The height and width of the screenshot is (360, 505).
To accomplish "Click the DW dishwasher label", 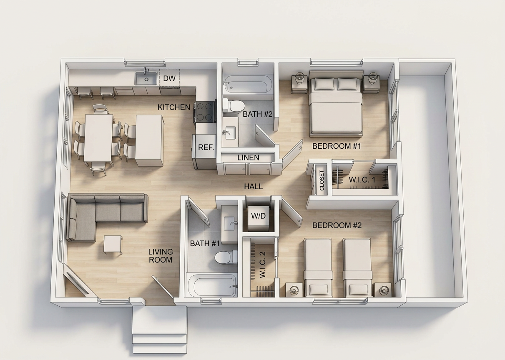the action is point(169,78).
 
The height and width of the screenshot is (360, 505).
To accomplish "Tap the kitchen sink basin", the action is point(146,79).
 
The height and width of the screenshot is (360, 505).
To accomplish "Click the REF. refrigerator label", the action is point(206,147).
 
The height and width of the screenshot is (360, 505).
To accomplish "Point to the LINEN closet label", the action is point(248,157).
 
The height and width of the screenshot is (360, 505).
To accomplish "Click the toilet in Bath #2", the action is point(234,105).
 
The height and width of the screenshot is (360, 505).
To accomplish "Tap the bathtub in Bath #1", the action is point(212,285).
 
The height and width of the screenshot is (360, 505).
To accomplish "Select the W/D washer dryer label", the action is point(259,216).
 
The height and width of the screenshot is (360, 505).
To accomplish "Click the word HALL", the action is point(254,186).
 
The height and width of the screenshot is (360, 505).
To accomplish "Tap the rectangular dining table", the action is point(98,138).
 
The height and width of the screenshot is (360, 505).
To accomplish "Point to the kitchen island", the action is point(149,140).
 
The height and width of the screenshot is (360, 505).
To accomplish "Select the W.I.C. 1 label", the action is point(362,180).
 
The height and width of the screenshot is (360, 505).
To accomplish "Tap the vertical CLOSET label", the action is point(322,180).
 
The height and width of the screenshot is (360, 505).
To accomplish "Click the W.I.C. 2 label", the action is point(263,265).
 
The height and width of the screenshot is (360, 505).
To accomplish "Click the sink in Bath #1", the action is point(229,223).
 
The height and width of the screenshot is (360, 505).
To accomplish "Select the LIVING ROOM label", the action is point(161,256).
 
